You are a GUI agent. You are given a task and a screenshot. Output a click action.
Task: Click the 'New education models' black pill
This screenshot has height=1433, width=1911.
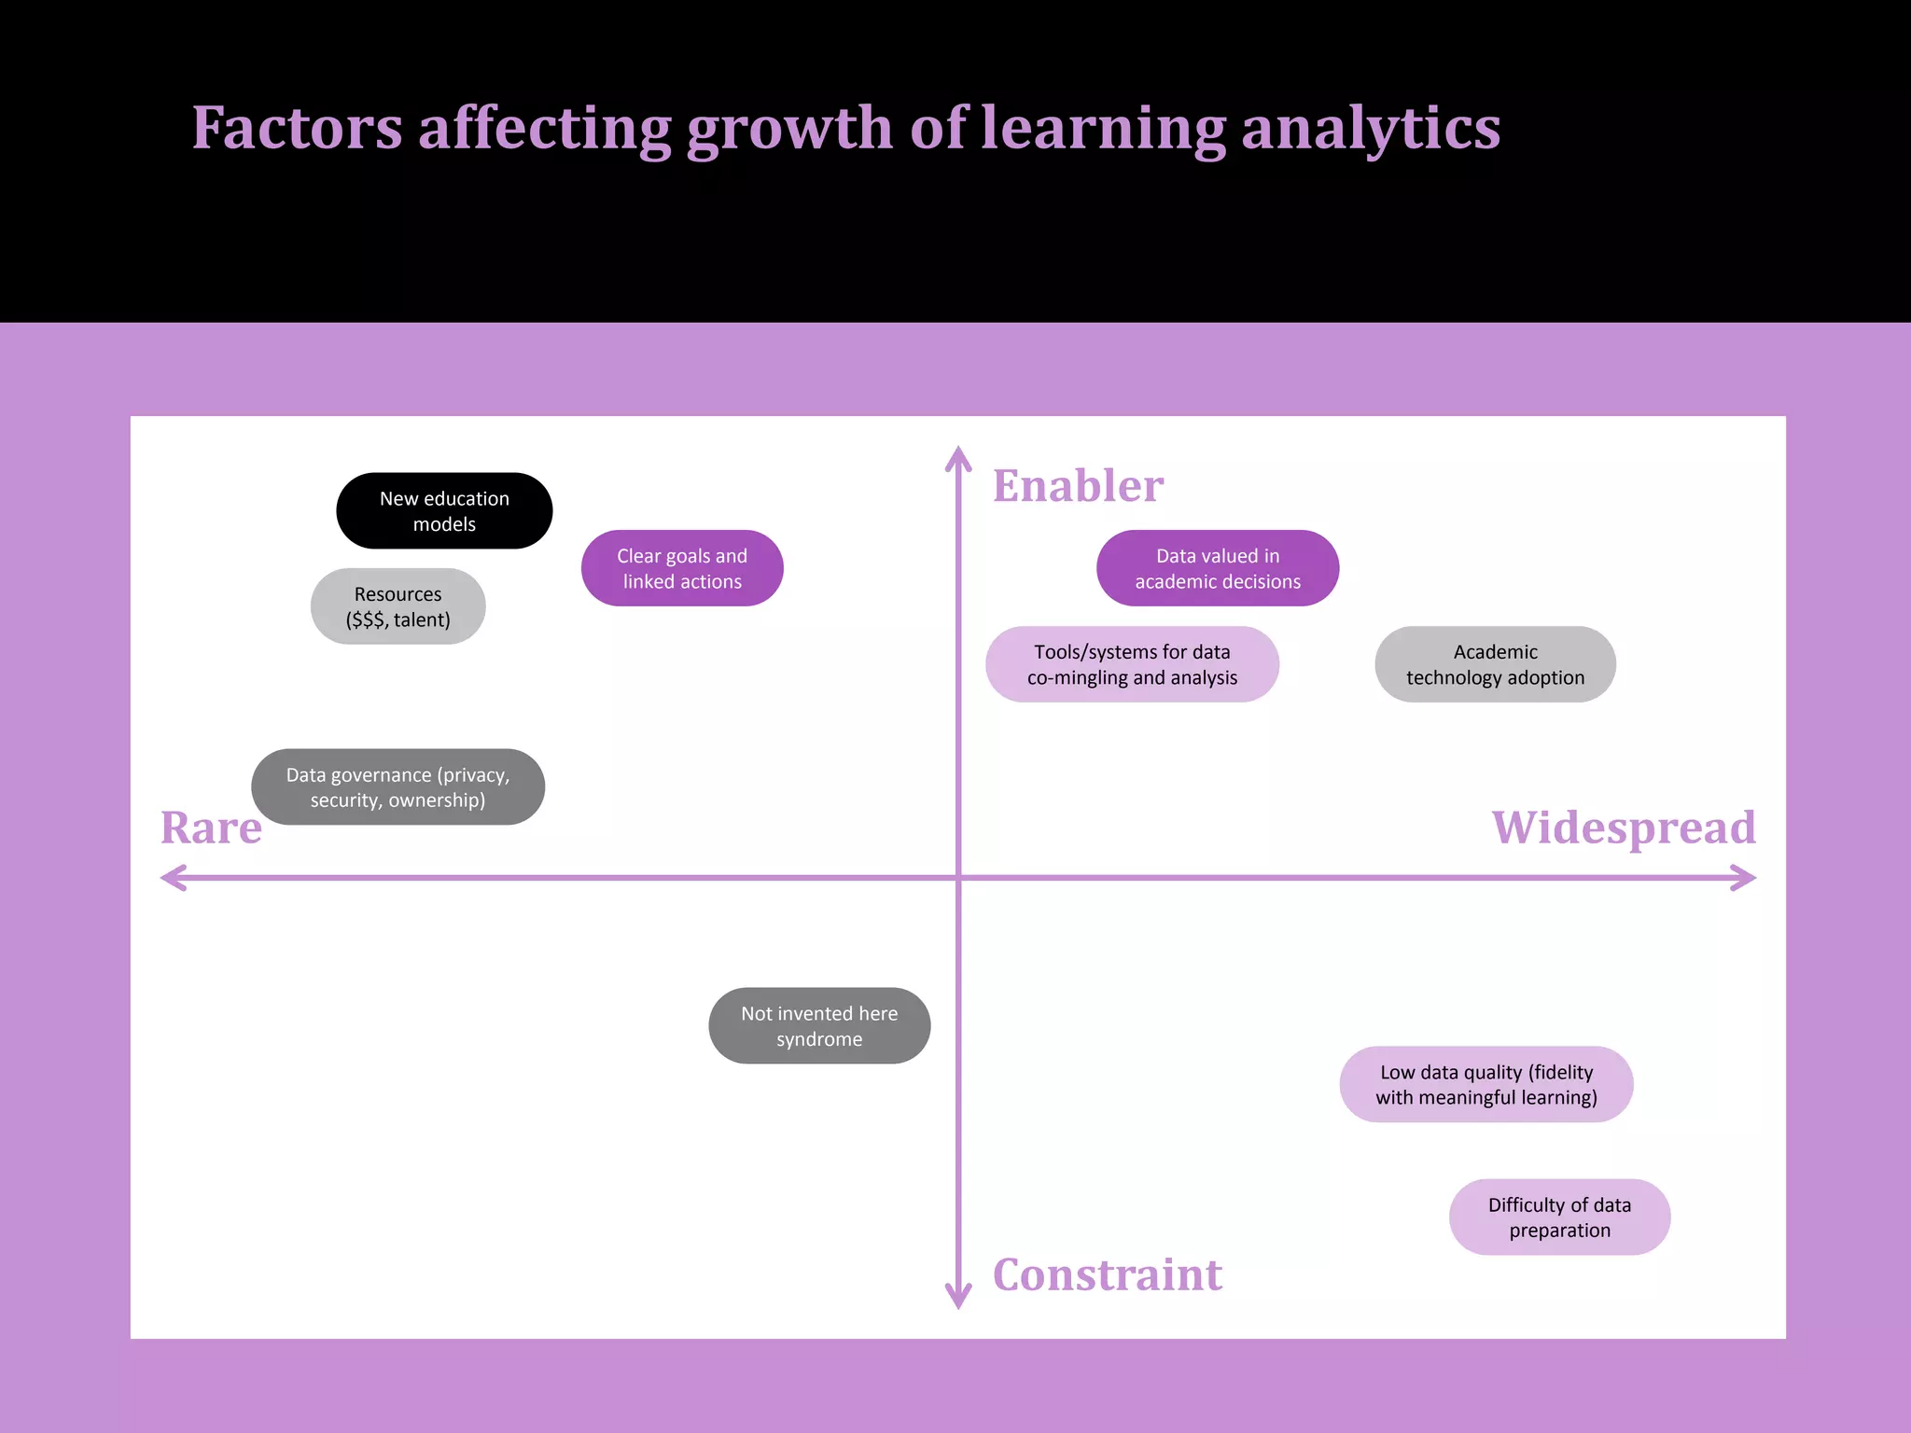point(444,511)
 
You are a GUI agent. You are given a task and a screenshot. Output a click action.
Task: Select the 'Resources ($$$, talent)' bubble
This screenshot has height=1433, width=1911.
point(398,606)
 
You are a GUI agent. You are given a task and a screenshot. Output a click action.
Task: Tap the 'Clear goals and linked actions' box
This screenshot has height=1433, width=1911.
point(682,568)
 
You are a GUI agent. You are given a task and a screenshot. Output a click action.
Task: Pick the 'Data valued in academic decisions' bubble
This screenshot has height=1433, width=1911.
point(1218,568)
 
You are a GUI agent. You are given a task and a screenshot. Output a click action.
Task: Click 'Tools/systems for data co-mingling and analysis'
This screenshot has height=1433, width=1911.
point(1132,664)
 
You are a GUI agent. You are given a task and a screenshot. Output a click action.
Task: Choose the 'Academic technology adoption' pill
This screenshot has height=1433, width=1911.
point(1495,664)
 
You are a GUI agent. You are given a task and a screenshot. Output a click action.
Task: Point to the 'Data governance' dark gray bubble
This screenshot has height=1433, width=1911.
point(398,786)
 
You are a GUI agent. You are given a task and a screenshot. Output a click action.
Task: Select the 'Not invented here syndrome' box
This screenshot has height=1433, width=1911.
point(819,1025)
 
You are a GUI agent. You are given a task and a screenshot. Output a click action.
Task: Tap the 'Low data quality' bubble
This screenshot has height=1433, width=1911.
point(1486,1084)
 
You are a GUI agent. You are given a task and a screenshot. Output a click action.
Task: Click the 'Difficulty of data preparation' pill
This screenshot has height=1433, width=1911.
point(1559,1217)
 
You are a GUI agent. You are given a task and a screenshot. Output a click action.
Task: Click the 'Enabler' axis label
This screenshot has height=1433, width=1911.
point(1078,486)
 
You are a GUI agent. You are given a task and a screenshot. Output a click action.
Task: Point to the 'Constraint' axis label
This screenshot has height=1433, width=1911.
point(1107,1274)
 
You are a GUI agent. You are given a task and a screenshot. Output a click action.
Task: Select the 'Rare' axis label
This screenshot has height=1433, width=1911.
point(211,828)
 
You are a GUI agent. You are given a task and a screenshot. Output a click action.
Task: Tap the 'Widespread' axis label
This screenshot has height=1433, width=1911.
point(1624,828)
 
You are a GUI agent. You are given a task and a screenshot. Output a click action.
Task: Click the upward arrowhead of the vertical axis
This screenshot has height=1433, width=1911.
point(958,457)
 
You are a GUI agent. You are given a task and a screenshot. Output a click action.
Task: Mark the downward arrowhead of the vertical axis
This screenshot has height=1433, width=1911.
point(958,1299)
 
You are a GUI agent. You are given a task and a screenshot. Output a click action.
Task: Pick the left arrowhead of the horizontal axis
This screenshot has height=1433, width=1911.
point(172,878)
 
